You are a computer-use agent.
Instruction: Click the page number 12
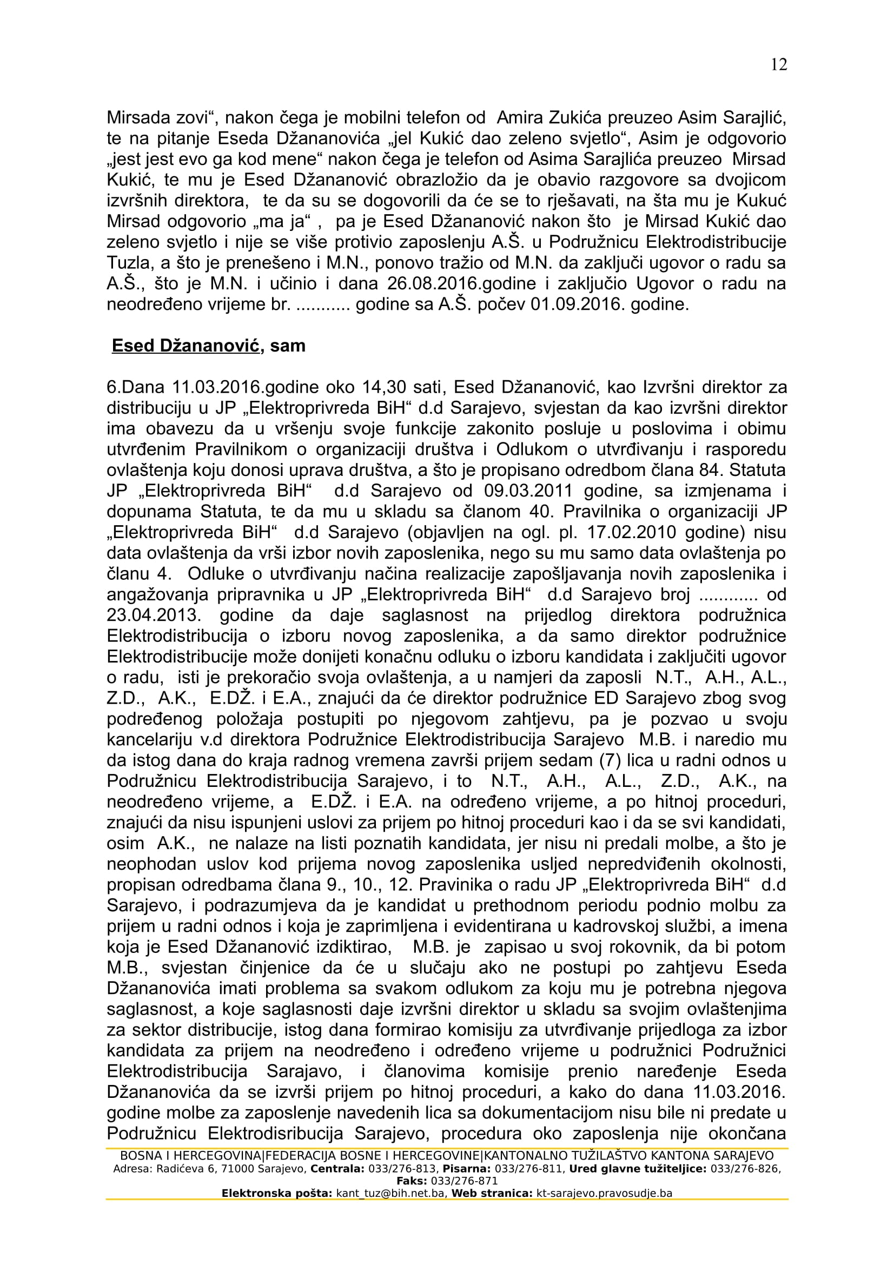tap(778, 64)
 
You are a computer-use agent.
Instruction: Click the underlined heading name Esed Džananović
tap(186, 346)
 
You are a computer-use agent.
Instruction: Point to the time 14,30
tap(385, 387)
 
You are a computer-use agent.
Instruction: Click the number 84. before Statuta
tap(711, 470)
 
